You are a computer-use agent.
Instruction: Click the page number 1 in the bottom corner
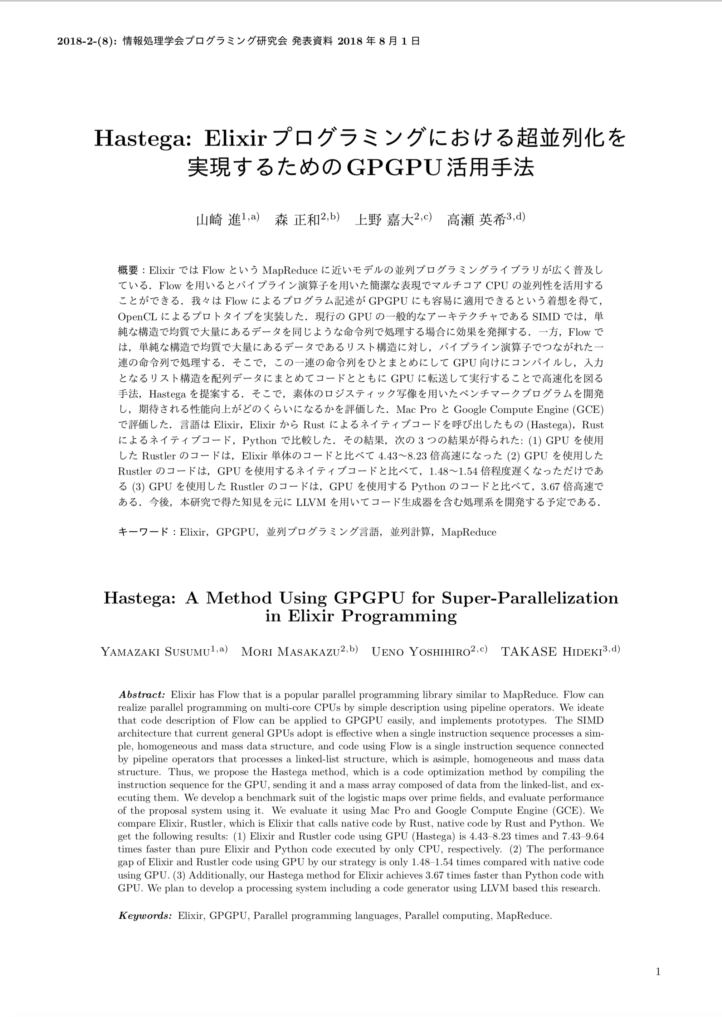pos(658,972)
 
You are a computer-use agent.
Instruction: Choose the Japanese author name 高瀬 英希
pos(476,220)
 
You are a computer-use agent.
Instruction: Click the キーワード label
pos(143,532)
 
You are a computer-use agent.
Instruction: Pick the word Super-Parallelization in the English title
pos(530,598)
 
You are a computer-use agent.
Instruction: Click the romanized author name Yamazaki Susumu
pos(155,652)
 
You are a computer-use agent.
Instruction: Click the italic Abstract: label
pos(142,694)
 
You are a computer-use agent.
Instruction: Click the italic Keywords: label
pos(145,916)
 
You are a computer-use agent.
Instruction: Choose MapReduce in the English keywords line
pos(524,916)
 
